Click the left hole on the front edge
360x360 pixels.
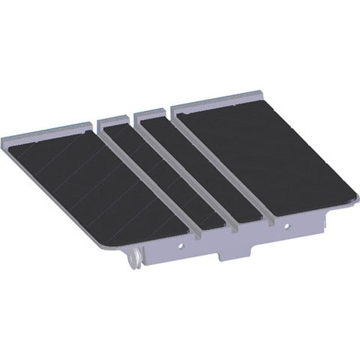click(180, 246)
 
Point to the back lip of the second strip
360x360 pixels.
click(112, 119)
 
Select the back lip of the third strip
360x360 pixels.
click(150, 114)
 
